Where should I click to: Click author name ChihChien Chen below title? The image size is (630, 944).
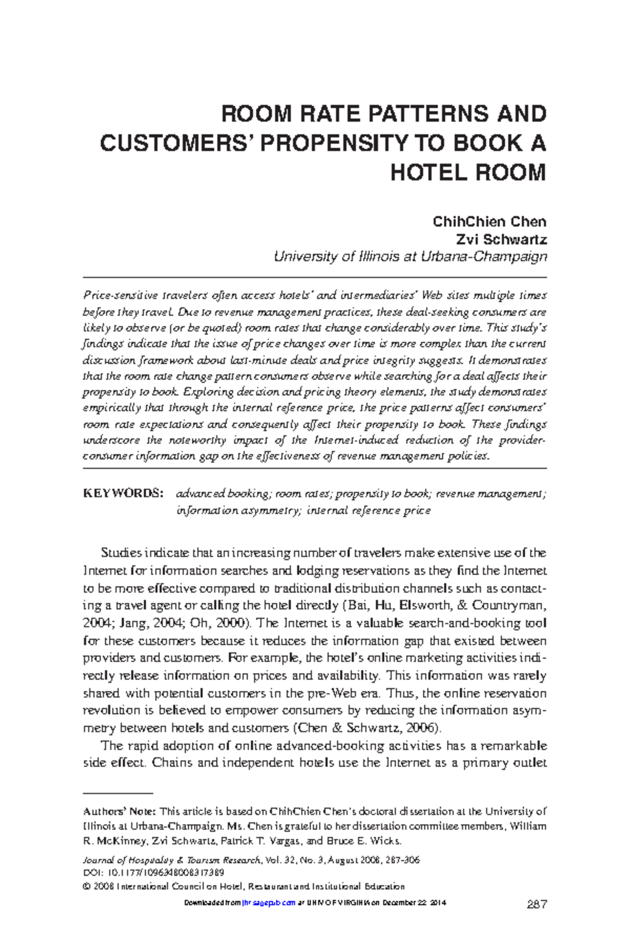pyautogui.click(x=489, y=222)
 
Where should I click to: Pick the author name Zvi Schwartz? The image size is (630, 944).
pyautogui.click(x=501, y=240)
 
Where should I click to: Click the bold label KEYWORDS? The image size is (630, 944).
pyautogui.click(x=123, y=494)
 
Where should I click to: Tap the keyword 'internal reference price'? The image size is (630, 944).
pyautogui.click(x=369, y=510)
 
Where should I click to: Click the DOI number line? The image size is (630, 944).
pyautogui.click(x=154, y=873)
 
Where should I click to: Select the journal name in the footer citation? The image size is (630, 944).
pyautogui.click(x=172, y=861)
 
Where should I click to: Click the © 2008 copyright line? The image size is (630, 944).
pyautogui.click(x=244, y=886)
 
